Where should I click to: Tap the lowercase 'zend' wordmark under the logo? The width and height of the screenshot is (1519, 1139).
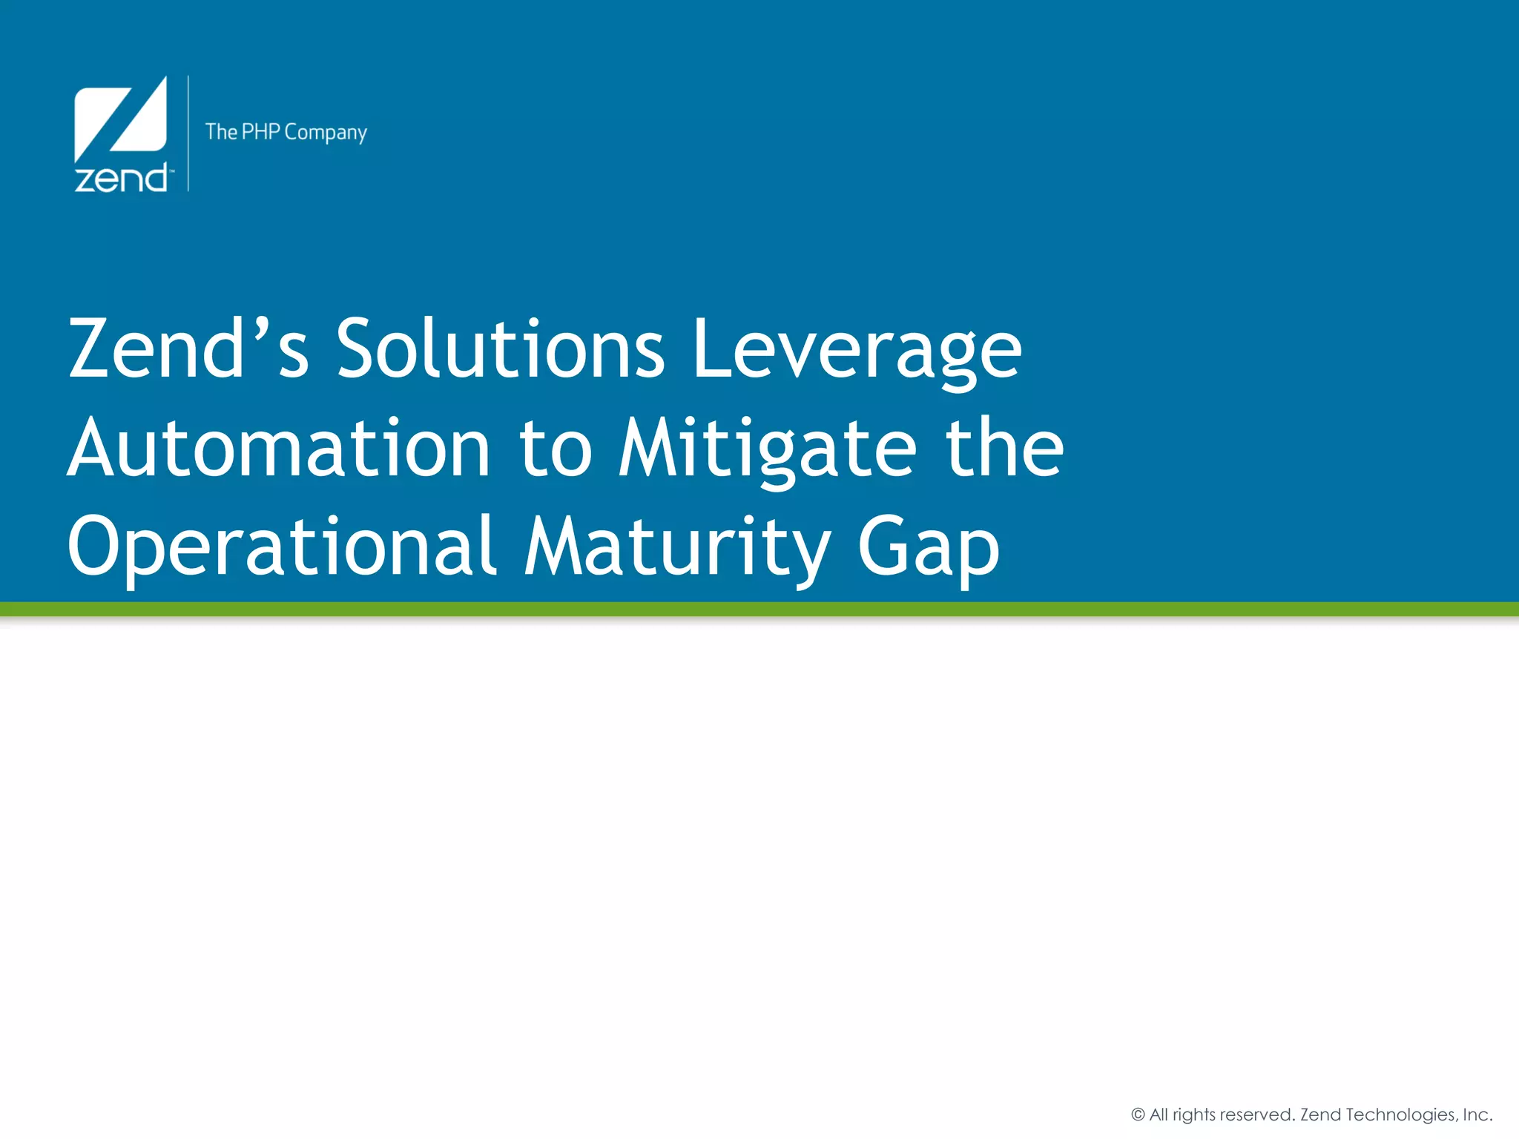click(x=122, y=179)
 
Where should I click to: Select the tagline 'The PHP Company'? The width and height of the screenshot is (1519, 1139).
click(x=286, y=132)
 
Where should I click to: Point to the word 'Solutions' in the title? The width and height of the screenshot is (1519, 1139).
click(x=501, y=348)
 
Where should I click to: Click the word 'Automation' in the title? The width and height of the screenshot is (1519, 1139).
click(x=279, y=448)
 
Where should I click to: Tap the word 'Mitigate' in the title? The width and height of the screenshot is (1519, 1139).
click(x=768, y=449)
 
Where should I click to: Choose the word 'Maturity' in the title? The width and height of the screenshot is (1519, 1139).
click(x=678, y=549)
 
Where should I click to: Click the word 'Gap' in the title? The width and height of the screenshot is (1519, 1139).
click(x=929, y=549)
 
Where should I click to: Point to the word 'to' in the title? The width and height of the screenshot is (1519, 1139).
click(x=556, y=449)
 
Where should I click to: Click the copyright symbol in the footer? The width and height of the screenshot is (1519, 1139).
click(x=1138, y=1115)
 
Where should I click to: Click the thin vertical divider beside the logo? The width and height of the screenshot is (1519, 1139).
click(x=188, y=133)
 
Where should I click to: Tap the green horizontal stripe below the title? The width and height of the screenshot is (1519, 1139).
click(x=759, y=609)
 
